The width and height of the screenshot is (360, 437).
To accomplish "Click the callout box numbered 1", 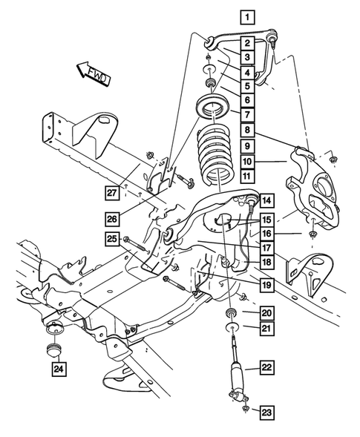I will [x=245, y=16].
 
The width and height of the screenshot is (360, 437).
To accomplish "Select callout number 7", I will [x=246, y=114].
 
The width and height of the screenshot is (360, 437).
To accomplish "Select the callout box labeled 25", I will [x=112, y=238].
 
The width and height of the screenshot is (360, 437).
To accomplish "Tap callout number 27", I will [x=112, y=191].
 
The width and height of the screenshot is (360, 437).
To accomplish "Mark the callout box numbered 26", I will [x=112, y=219].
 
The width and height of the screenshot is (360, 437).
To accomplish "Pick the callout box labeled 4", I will [x=246, y=72].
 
